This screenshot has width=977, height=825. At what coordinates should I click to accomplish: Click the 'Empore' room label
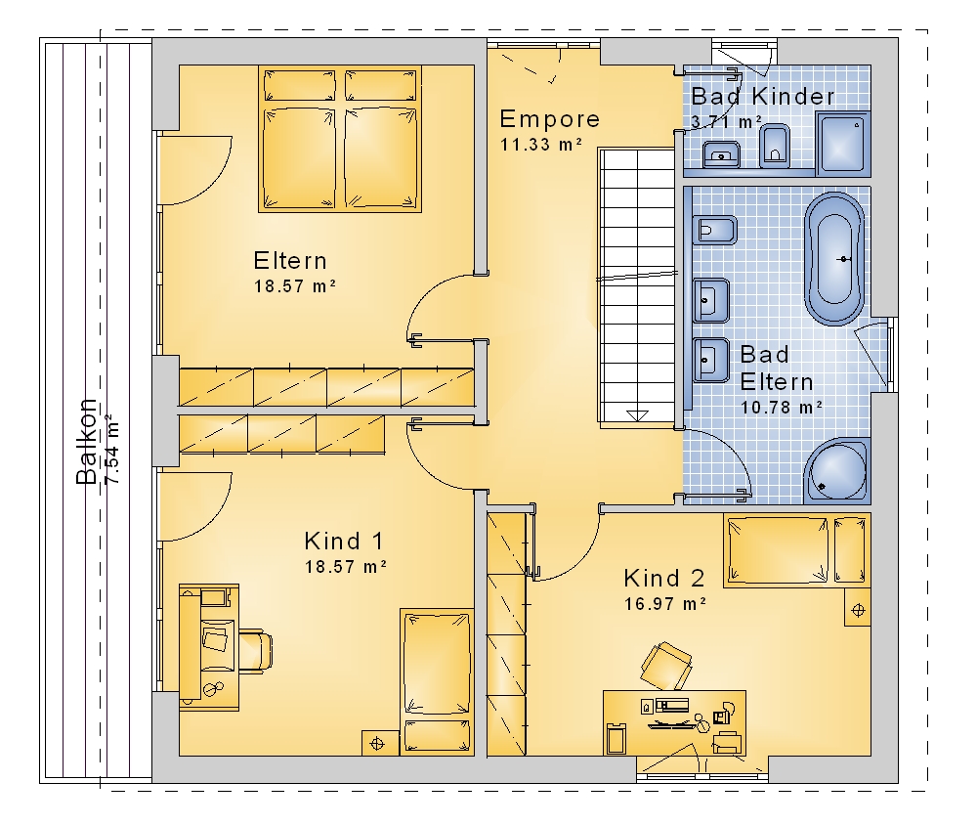(x=549, y=118)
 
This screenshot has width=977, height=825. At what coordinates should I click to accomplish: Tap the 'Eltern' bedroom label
(x=290, y=261)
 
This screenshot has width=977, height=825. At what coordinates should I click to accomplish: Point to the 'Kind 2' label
(x=663, y=578)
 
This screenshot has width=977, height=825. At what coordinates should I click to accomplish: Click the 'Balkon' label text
(x=86, y=441)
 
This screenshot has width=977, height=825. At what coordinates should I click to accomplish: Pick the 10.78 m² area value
(x=782, y=408)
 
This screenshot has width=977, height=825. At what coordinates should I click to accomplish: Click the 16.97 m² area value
(x=664, y=604)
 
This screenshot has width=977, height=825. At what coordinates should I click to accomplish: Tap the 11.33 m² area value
(x=541, y=144)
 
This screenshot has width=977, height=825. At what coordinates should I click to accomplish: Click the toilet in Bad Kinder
(x=775, y=146)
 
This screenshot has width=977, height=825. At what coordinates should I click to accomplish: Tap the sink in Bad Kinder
(x=722, y=154)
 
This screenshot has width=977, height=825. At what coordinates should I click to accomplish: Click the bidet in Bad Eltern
(x=714, y=231)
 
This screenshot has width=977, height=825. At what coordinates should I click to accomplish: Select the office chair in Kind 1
(x=254, y=649)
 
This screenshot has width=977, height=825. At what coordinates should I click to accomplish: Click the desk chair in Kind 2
(x=666, y=666)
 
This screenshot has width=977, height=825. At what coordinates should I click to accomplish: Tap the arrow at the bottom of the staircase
(x=637, y=416)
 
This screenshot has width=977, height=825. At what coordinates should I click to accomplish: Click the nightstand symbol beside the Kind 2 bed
(x=858, y=609)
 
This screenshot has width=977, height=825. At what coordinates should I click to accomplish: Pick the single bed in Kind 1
(x=436, y=681)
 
